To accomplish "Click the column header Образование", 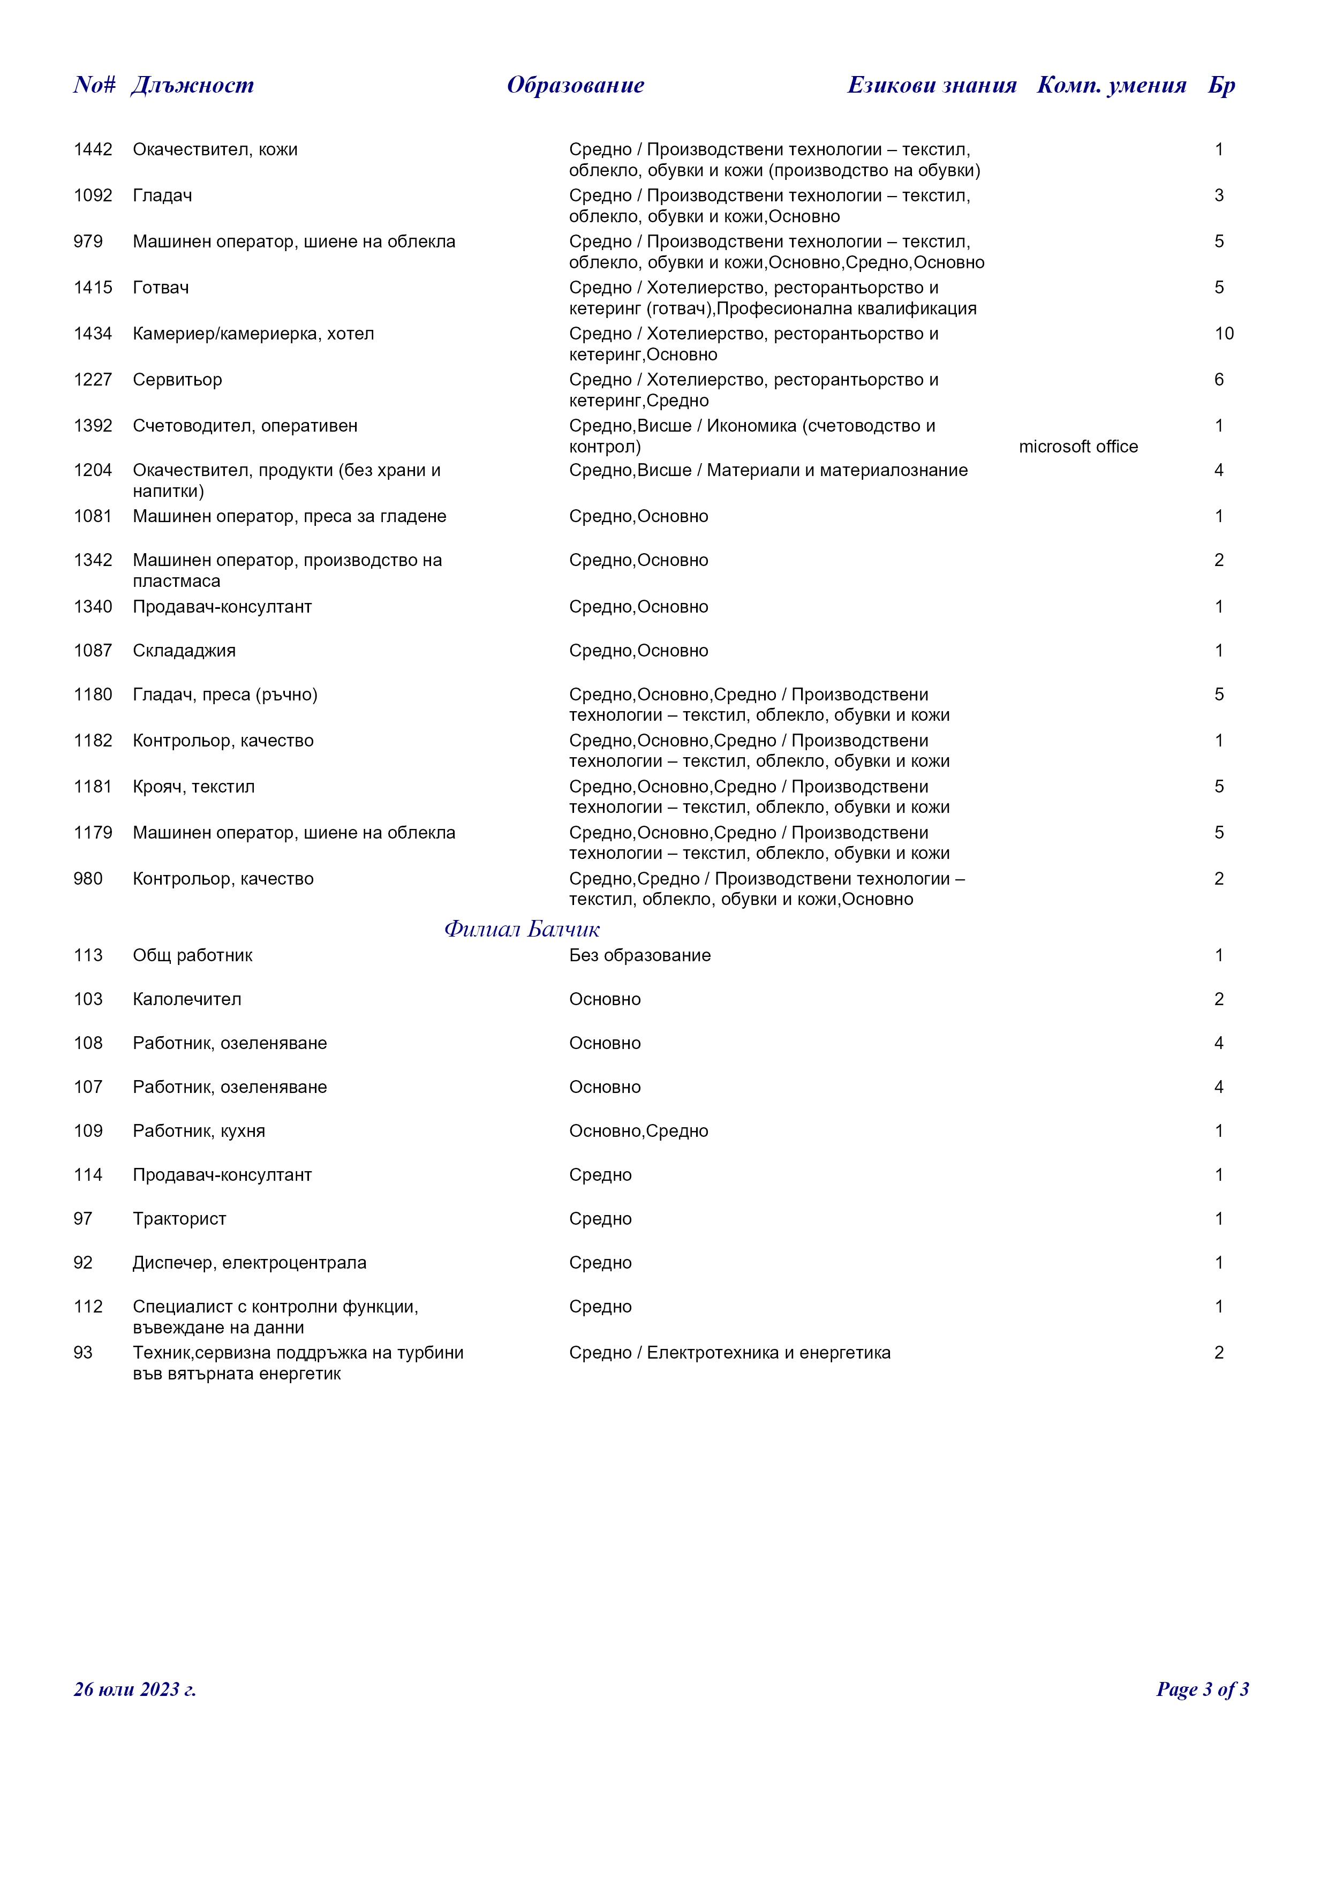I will [575, 85].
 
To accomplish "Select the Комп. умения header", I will [1111, 85].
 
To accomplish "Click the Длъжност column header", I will [192, 85].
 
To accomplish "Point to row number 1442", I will [93, 150].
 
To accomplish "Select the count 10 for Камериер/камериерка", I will [1224, 334].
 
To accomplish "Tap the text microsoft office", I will [1078, 447].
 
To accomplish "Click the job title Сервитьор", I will [177, 380].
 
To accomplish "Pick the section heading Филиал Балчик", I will [522, 929].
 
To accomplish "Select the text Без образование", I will [639, 955].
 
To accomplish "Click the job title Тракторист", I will [179, 1219].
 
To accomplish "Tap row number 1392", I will [93, 426].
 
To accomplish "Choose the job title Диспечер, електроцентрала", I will [250, 1263].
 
